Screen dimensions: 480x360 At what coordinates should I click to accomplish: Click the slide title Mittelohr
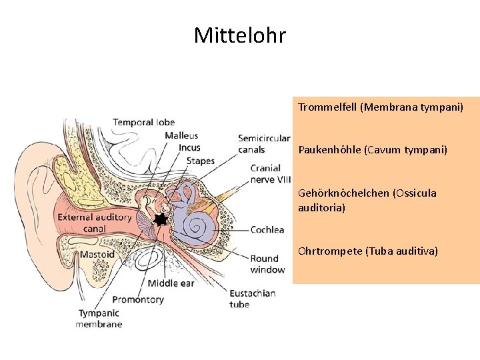pyautogui.click(x=240, y=35)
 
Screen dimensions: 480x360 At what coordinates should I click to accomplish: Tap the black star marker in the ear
pyautogui.click(x=161, y=219)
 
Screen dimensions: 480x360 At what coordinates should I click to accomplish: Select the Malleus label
pyautogui.click(x=181, y=135)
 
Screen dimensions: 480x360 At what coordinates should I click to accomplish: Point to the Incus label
pyautogui.click(x=189, y=147)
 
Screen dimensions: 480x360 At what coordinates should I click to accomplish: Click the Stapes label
pyautogui.click(x=201, y=161)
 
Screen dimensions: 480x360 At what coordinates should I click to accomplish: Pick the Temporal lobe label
pyautogui.click(x=144, y=123)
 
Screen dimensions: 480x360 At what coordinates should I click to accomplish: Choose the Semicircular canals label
pyautogui.click(x=264, y=144)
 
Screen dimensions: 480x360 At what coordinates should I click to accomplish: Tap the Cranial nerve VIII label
pyautogui.click(x=270, y=174)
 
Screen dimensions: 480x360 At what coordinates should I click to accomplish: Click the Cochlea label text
pyautogui.click(x=267, y=230)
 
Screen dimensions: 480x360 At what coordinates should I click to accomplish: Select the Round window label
pyautogui.click(x=267, y=264)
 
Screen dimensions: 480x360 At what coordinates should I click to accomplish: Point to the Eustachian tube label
pyautogui.click(x=253, y=299)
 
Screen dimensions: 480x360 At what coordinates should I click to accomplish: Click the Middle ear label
pyautogui.click(x=171, y=283)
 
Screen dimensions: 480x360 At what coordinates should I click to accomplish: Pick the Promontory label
pyautogui.click(x=138, y=299)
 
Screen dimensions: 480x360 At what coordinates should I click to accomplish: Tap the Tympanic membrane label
pyautogui.click(x=99, y=319)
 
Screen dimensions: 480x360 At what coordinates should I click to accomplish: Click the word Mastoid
pyautogui.click(x=97, y=255)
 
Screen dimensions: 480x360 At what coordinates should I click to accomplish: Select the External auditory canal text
pyautogui.click(x=95, y=223)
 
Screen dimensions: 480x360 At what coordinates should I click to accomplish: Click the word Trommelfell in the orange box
pyautogui.click(x=327, y=107)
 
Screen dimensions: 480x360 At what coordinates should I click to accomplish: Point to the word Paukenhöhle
pyautogui.click(x=330, y=150)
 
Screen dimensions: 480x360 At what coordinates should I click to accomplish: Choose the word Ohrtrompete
pyautogui.click(x=330, y=251)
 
